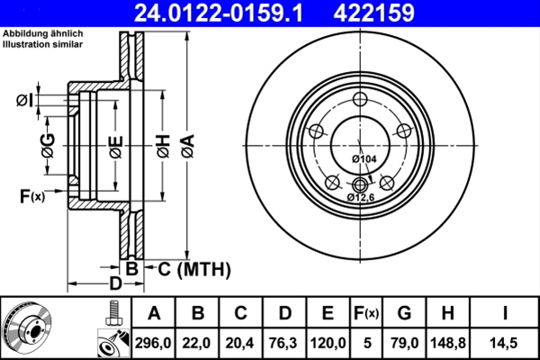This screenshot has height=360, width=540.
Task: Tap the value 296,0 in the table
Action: (153, 340)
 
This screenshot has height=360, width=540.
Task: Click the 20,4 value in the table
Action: (240, 340)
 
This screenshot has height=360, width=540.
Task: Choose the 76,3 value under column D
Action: (283, 340)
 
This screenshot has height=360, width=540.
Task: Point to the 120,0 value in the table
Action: (328, 340)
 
